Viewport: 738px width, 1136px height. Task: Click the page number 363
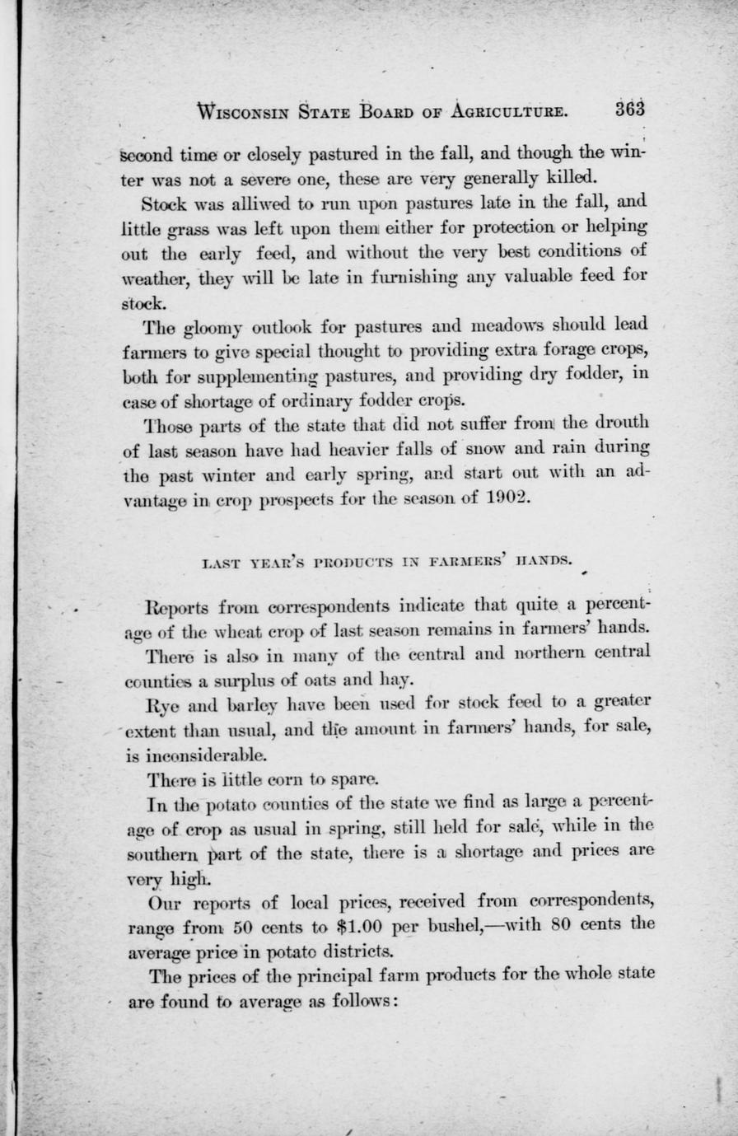(628, 110)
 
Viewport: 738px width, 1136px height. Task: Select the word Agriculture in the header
(508, 111)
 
